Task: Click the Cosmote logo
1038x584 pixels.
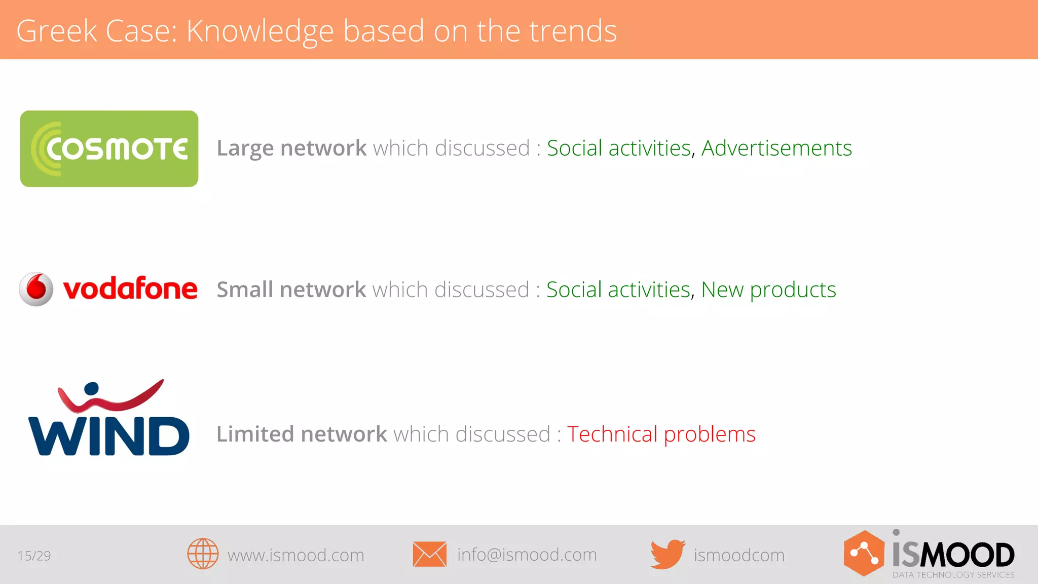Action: (x=109, y=149)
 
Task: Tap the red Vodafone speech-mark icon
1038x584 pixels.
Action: (x=36, y=289)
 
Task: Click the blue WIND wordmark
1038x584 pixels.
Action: (x=109, y=436)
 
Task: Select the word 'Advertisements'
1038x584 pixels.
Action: (x=776, y=148)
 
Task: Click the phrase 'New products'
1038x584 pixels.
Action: (x=768, y=289)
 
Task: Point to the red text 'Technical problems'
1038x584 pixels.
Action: (x=661, y=434)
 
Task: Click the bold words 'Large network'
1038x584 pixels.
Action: (x=291, y=148)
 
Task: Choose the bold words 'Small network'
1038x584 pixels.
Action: (x=291, y=289)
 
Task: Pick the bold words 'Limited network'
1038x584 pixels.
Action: (x=302, y=434)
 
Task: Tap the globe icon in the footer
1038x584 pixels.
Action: (x=203, y=554)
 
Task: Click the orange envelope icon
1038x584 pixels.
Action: (x=429, y=554)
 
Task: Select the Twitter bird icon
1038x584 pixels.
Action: (x=668, y=554)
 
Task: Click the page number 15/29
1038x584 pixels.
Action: (x=34, y=556)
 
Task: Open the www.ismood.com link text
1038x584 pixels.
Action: (x=295, y=555)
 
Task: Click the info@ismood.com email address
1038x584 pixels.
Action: (x=527, y=555)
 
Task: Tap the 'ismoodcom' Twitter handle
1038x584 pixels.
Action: (x=739, y=555)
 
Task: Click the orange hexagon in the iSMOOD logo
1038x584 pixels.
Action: (x=864, y=554)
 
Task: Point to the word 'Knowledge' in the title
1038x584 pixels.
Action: (x=260, y=31)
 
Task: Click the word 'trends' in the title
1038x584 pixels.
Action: (x=573, y=31)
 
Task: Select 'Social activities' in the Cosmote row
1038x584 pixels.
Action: (x=619, y=148)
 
